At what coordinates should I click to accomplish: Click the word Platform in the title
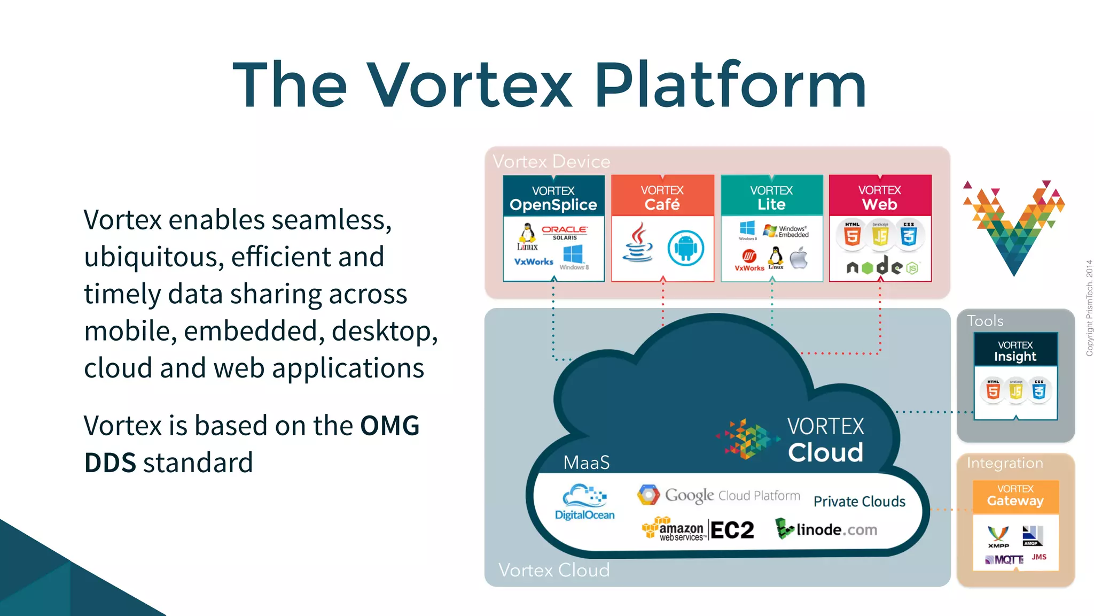(x=730, y=86)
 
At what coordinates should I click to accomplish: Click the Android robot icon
(x=685, y=248)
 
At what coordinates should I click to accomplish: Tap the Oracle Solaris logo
(x=565, y=232)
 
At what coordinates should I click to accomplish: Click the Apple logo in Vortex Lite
(x=799, y=258)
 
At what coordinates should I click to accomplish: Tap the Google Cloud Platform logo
(x=719, y=495)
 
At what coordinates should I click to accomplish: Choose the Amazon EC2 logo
(x=699, y=529)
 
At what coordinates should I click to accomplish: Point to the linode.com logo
(x=826, y=529)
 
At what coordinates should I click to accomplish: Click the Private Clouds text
(x=859, y=502)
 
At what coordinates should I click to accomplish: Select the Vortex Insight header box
(x=1015, y=350)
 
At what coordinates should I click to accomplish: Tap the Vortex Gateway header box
(x=1015, y=496)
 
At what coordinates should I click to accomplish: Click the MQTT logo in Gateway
(x=1005, y=560)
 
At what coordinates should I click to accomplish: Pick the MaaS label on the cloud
(x=587, y=463)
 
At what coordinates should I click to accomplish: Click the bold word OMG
(x=390, y=426)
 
